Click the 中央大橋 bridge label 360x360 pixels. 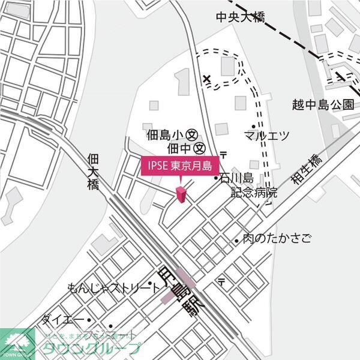pos(241,17)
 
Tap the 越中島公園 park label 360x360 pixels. pos(323,104)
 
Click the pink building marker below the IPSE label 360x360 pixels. pos(181,194)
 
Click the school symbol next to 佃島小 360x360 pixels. pos(193,134)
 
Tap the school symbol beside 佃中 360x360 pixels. pos(200,147)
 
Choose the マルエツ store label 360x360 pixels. pos(267,134)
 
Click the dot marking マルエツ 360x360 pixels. pos(253,127)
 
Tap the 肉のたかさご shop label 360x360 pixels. pos(277,239)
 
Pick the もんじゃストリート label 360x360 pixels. pos(114,287)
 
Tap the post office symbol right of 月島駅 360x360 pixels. pos(221,281)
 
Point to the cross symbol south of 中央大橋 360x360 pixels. pos(207,79)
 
